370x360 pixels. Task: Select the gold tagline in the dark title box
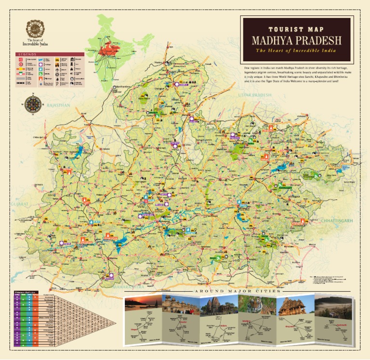296,51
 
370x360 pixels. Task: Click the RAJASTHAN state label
59,105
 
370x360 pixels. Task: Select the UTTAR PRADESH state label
255,95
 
